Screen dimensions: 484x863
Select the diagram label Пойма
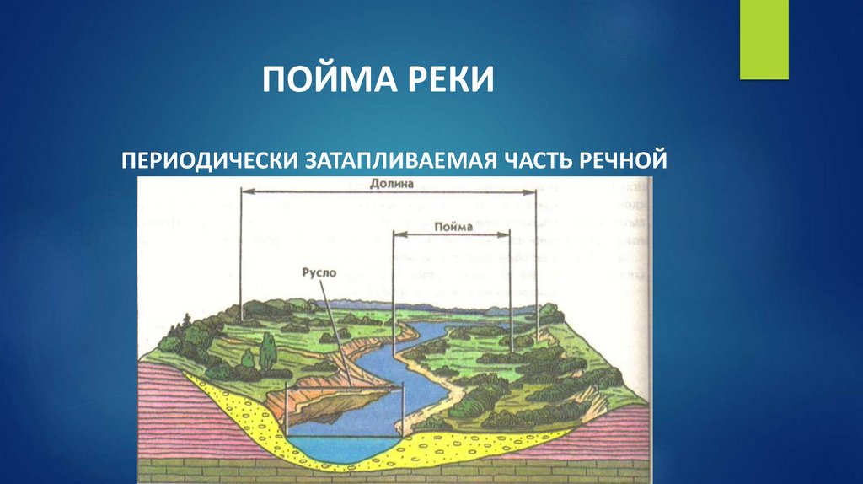[x=453, y=226]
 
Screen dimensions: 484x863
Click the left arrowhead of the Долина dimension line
[x=245, y=193]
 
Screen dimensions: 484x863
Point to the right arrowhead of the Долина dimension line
[x=533, y=193]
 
